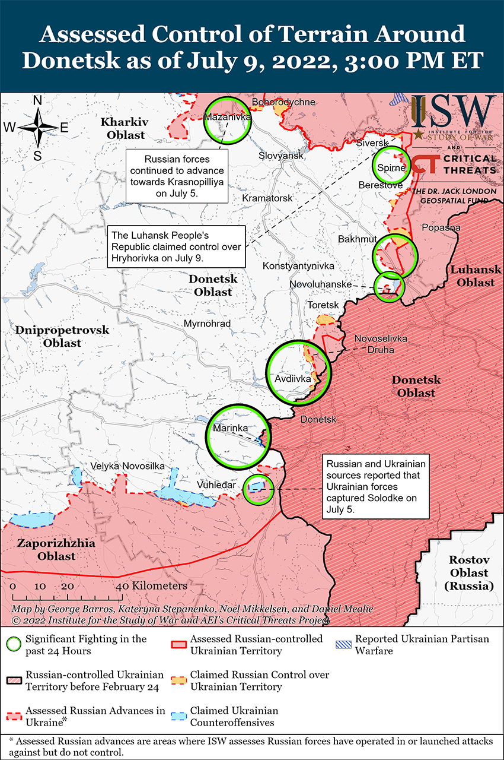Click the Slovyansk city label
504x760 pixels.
[x=281, y=156]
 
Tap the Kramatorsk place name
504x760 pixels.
[x=267, y=198]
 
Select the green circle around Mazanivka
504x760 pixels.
[x=228, y=119]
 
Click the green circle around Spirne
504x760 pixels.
[x=391, y=167]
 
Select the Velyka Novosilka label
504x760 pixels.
[x=127, y=466]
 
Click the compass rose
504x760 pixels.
[x=37, y=126]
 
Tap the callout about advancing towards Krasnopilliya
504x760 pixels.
[x=177, y=176]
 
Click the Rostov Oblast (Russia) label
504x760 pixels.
[x=470, y=572]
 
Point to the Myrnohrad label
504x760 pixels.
[x=207, y=324]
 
